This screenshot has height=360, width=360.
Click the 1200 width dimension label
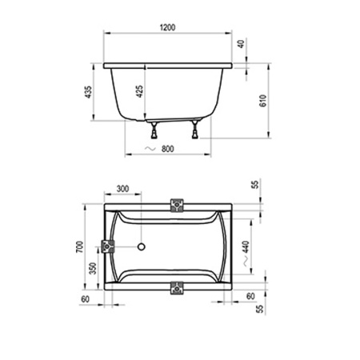(x=167, y=27)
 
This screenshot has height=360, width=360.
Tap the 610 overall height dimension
(x=263, y=101)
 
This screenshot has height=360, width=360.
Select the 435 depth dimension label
(x=88, y=92)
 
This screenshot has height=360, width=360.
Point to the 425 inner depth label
(x=139, y=91)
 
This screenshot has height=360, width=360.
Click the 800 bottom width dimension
(x=168, y=149)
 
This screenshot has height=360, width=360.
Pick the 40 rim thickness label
(x=241, y=44)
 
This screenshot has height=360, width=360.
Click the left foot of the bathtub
(x=154, y=130)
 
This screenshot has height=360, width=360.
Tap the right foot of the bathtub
(x=195, y=130)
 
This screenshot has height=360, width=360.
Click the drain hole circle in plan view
(x=142, y=246)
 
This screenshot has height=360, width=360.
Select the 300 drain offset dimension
(x=122, y=189)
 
